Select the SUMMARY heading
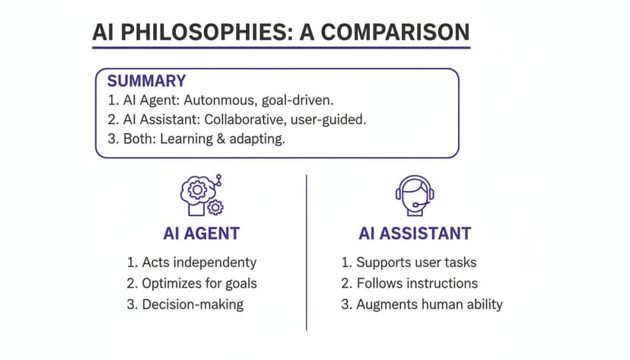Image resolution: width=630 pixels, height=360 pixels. click(x=147, y=81)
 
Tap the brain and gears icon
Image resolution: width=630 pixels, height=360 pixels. click(x=202, y=196)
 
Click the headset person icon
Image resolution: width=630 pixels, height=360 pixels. click(x=415, y=194)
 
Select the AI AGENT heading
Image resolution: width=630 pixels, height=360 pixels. click(x=202, y=233)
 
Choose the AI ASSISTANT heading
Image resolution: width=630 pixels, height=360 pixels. click(x=415, y=233)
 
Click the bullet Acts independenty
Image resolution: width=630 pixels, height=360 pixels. click(x=192, y=263)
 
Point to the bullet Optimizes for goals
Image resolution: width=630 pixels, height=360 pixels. click(x=192, y=283)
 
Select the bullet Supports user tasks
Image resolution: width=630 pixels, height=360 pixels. click(x=408, y=263)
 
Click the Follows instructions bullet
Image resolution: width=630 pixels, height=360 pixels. click(x=409, y=283)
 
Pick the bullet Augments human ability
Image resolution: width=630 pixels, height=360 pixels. click(x=421, y=304)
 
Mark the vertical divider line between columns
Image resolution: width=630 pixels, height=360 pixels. click(x=307, y=251)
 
